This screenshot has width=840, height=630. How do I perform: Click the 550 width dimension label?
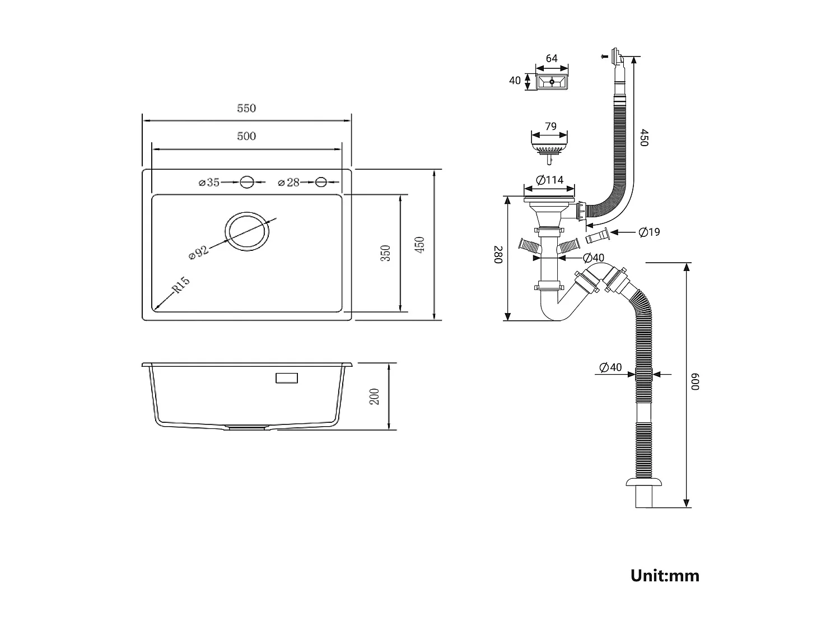click(246, 108)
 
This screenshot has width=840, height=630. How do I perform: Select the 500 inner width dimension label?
click(246, 136)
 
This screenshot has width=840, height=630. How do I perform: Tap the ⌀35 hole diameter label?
click(209, 182)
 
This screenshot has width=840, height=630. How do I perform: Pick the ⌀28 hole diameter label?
click(289, 182)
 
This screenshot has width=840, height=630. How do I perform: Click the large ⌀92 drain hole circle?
click(248, 231)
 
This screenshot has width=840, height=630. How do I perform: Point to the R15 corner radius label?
click(181, 285)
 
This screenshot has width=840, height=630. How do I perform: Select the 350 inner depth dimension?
click(385, 253)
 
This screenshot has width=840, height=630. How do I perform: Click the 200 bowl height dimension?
click(375, 396)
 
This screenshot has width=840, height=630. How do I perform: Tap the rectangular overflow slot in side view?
click(287, 379)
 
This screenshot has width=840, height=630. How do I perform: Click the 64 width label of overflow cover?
click(552, 58)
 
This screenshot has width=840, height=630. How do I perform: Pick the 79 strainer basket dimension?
click(551, 127)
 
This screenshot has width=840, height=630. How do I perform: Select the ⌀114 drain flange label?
click(549, 180)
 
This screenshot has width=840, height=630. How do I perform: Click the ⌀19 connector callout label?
click(649, 232)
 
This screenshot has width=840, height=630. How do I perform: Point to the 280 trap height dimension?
click(498, 254)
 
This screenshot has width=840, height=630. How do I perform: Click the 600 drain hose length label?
click(696, 382)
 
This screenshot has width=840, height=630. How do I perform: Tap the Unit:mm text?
click(665, 575)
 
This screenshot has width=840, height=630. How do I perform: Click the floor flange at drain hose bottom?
click(644, 483)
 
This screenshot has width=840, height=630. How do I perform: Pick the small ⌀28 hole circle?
click(321, 182)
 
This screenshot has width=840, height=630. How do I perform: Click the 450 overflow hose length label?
click(643, 138)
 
